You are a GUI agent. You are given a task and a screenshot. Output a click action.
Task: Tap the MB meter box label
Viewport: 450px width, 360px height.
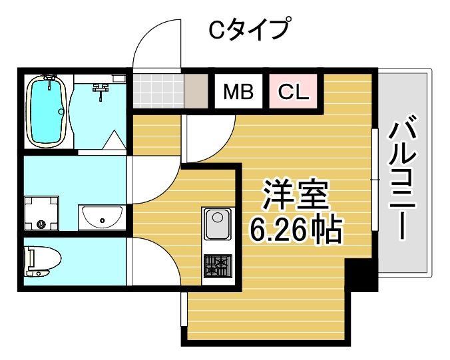(238, 92)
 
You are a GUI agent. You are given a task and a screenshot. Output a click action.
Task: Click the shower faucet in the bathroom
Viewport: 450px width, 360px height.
(101, 89)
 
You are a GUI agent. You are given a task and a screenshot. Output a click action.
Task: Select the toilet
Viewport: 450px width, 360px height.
(41, 260)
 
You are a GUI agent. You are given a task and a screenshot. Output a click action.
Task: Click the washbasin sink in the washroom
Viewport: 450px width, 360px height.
(101, 216)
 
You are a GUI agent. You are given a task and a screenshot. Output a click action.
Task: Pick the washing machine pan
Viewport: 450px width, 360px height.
(43, 214)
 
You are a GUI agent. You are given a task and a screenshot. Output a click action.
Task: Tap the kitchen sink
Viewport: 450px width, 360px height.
(216, 224)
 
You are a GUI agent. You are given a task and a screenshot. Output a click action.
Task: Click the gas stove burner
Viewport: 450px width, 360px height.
(216, 266)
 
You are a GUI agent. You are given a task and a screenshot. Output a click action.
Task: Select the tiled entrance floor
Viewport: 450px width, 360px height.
(157, 90)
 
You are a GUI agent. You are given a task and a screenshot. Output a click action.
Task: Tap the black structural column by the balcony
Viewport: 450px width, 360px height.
(361, 275)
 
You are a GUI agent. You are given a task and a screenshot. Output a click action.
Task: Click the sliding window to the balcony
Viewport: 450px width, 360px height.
(375, 180)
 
